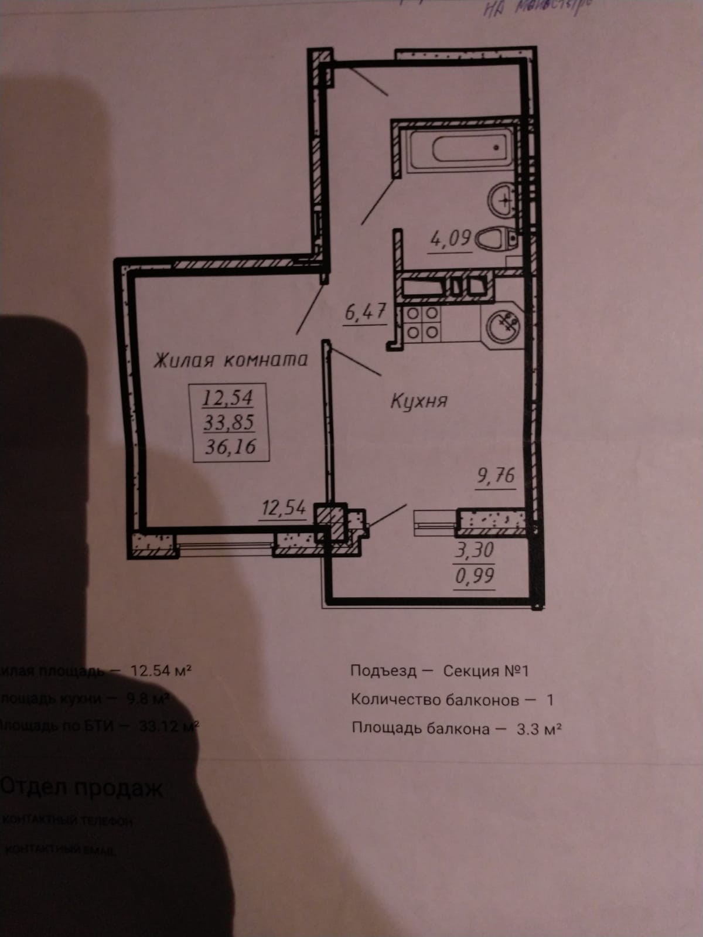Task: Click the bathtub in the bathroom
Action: click(461, 149)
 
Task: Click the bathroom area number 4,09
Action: click(451, 238)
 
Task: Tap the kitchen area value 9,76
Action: click(496, 475)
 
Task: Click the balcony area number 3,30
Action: click(475, 550)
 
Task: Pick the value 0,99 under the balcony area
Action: click(475, 576)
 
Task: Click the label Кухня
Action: click(418, 401)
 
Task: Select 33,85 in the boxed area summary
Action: click(228, 422)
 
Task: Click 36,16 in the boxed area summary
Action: click(230, 447)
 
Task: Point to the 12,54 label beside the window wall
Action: click(284, 507)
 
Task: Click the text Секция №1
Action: click(486, 670)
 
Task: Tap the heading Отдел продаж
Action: click(82, 788)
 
